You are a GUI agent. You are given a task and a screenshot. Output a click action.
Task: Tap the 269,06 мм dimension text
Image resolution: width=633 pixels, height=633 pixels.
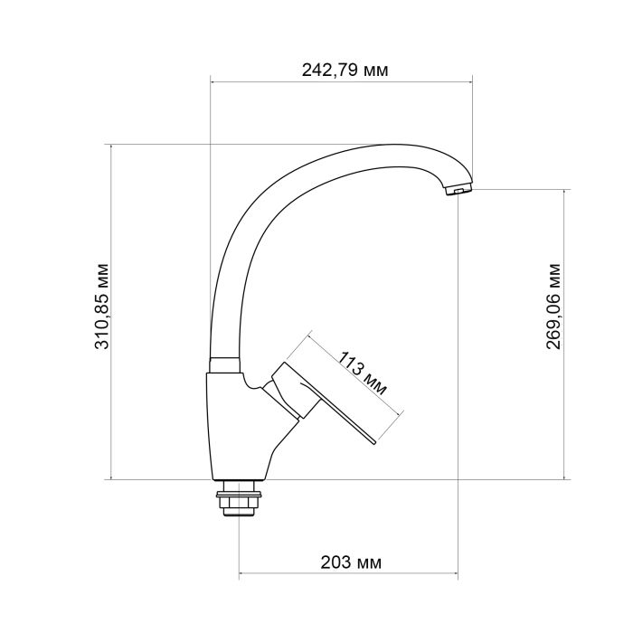[x=553, y=305]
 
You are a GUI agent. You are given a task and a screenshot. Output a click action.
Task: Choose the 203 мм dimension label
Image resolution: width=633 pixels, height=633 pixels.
[x=351, y=562]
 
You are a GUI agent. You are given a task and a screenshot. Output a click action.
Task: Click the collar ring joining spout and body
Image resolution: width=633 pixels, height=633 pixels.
[x=224, y=364]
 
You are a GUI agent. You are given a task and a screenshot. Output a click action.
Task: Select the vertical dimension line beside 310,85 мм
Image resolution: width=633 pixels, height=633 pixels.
[x=110, y=226]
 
